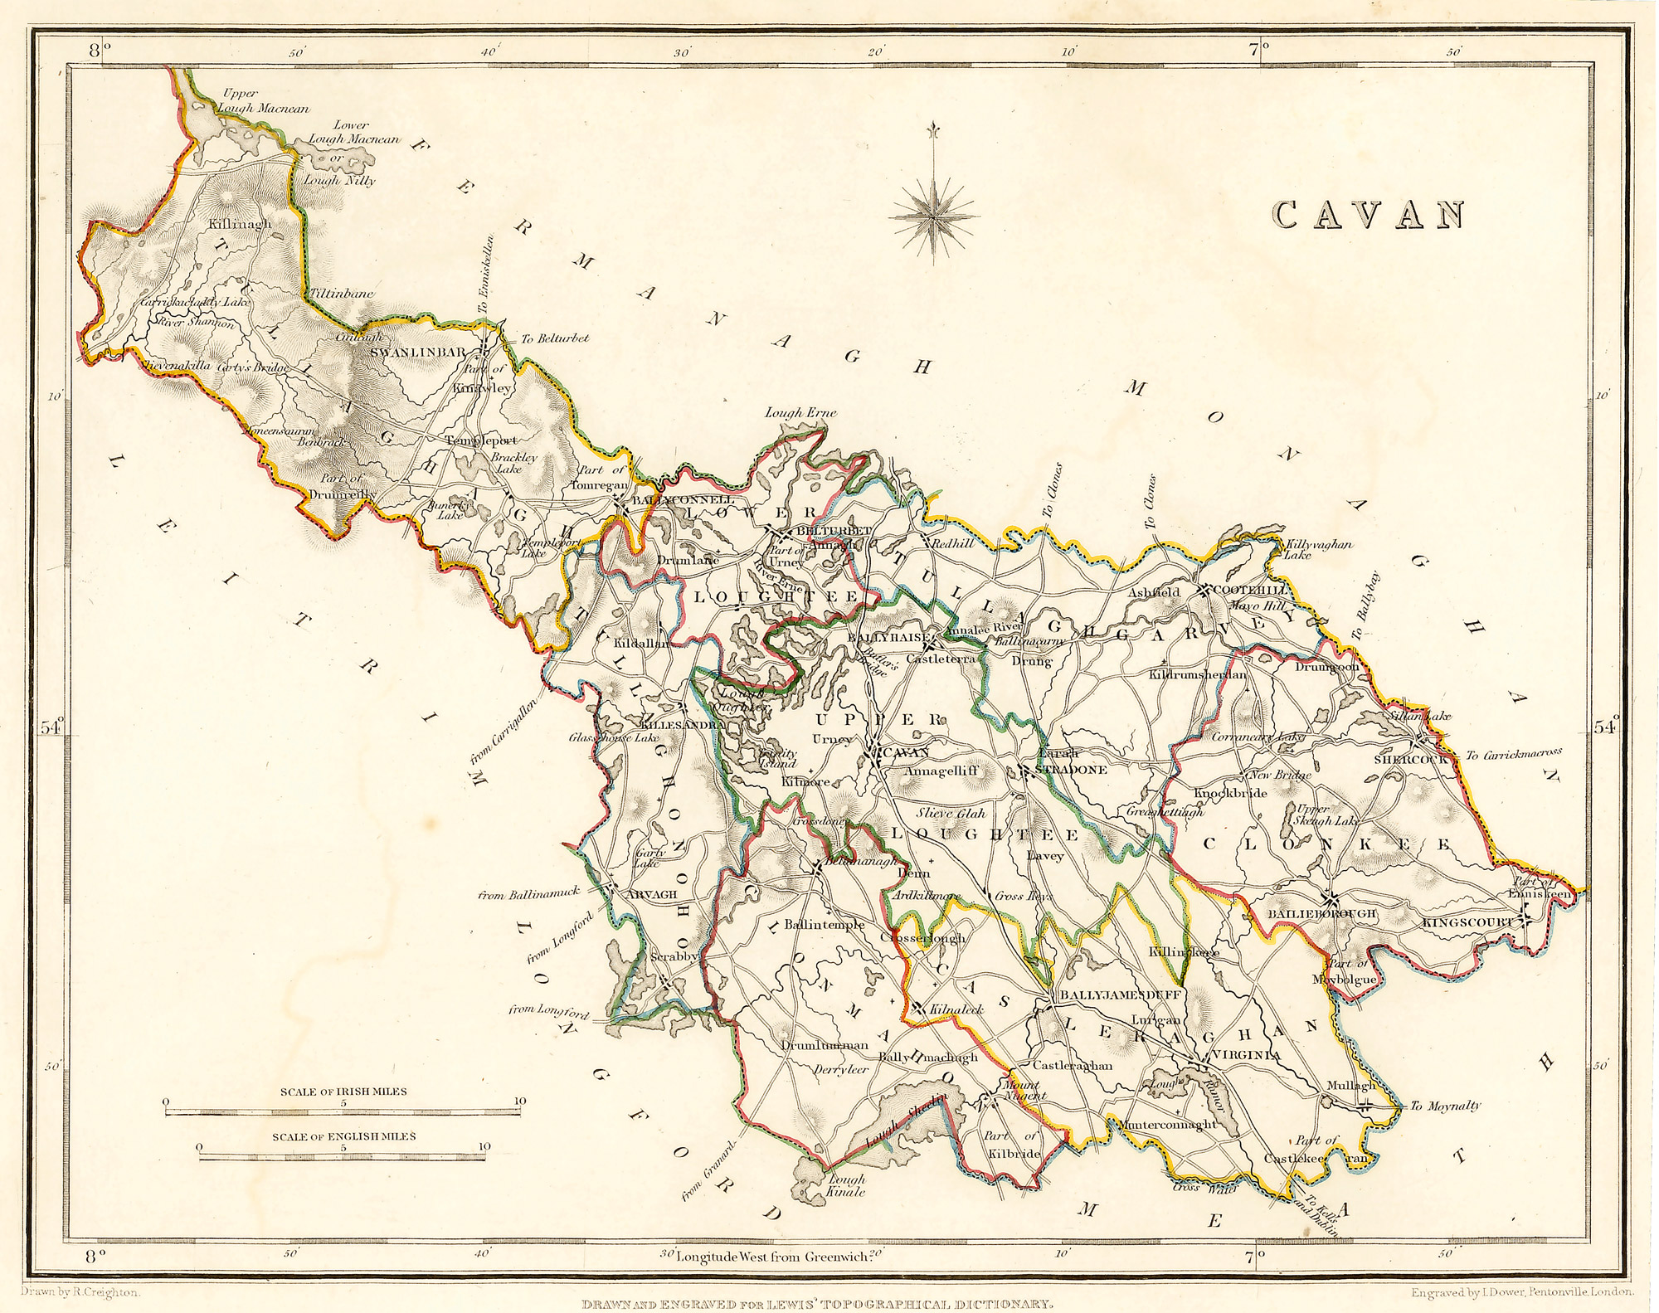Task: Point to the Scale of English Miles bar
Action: [343, 1152]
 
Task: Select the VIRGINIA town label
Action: [1246, 1054]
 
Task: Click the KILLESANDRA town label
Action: [680, 724]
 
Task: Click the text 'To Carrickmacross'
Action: [1513, 754]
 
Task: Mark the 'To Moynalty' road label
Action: [1445, 1106]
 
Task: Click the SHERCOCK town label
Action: [1410, 759]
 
